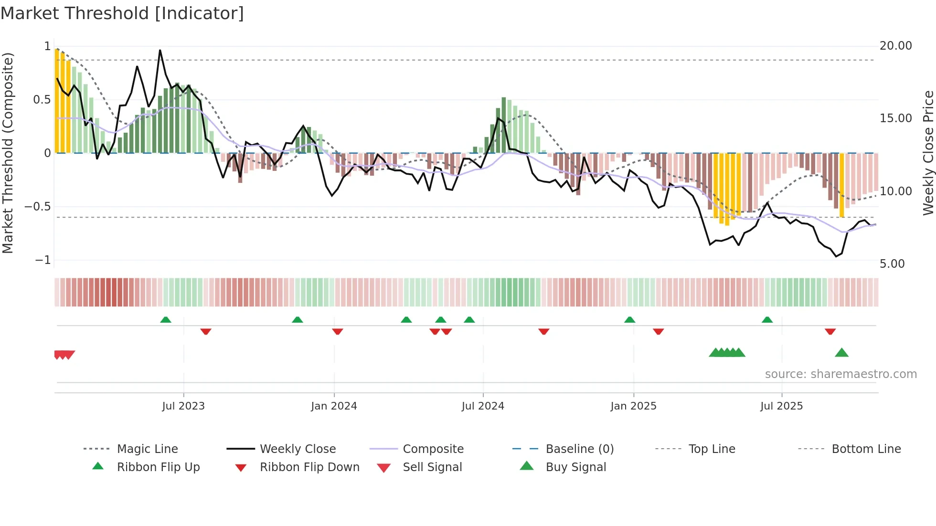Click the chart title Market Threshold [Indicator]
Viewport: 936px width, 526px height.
[122, 13]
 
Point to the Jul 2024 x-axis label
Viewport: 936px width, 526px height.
[482, 406]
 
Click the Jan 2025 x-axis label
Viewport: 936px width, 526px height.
[633, 406]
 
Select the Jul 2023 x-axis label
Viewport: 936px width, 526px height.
[183, 406]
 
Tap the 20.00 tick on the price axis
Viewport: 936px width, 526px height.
[895, 46]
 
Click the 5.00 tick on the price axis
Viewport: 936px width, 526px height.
[892, 264]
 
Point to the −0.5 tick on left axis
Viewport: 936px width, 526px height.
[38, 207]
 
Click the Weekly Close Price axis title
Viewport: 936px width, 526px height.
[927, 153]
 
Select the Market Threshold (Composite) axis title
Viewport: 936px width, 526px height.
[8, 153]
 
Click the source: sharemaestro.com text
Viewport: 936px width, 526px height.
[840, 374]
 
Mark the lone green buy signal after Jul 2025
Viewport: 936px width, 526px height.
[841, 353]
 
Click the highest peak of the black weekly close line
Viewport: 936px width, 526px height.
[160, 50]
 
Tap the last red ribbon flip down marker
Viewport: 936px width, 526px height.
[830, 331]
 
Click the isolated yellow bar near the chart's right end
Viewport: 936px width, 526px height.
[841, 185]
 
